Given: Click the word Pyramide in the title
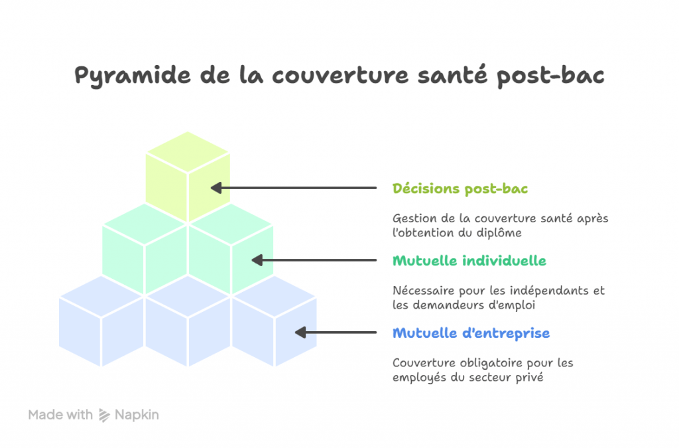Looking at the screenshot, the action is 133,76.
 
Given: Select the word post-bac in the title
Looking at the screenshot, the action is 550,76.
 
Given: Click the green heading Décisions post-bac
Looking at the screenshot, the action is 460,189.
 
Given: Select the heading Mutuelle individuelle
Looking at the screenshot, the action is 469,261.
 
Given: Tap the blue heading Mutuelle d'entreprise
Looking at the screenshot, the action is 471,333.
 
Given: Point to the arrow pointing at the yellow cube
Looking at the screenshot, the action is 294,188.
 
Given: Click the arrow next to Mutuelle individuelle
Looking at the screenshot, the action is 314,260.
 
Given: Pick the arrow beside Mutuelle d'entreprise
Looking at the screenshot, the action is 336,333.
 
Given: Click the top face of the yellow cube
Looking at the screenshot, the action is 188,152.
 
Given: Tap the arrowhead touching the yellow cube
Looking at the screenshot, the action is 216,188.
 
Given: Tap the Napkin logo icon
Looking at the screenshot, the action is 104,415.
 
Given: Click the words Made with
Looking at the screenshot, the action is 60,415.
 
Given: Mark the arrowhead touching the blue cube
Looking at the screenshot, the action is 300,333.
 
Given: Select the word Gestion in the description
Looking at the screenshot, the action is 412,218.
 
